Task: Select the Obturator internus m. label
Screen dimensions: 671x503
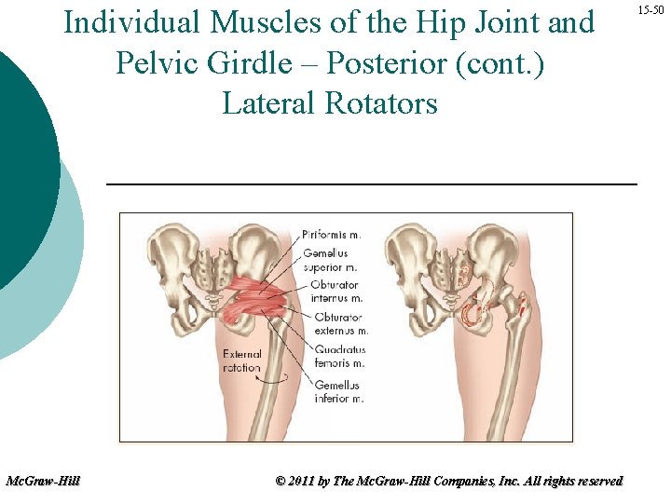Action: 336,292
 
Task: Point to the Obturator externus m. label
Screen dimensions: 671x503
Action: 339,323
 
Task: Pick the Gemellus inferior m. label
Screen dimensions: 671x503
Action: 338,391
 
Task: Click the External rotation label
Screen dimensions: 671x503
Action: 242,360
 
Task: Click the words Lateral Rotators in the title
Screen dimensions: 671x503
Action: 330,102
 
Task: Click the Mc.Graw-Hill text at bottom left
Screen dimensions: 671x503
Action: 43,481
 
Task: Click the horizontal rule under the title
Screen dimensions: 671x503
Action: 372,184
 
